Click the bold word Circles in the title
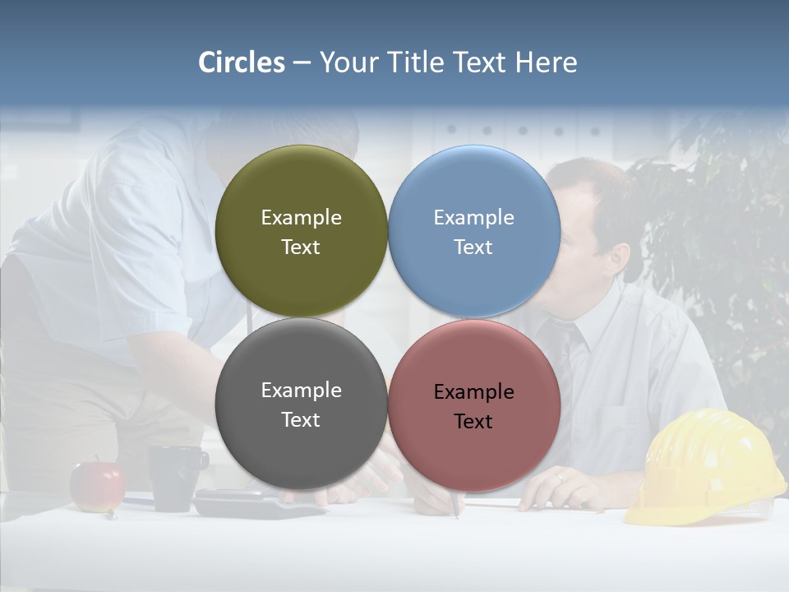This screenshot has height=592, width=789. tap(242, 62)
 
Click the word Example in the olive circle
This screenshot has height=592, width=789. tap(301, 218)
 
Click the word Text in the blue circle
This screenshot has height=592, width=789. tap(473, 247)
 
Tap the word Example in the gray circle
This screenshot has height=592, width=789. tap(301, 391)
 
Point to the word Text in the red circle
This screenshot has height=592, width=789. tap(473, 422)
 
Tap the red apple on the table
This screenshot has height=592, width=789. tap(97, 486)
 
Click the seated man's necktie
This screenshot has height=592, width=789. tap(568, 362)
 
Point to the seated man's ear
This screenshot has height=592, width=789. tap(617, 256)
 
